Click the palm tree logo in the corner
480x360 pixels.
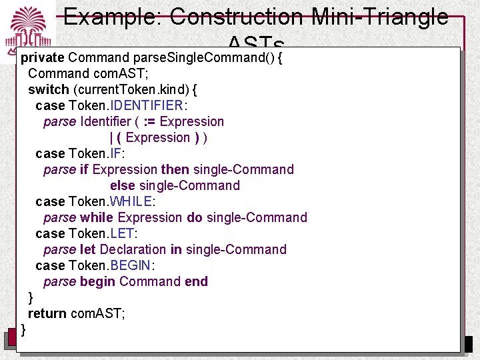point(29,28)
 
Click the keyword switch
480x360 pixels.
point(48,89)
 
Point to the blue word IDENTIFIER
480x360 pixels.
point(147,105)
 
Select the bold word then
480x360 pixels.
point(175,169)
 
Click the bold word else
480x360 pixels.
point(123,185)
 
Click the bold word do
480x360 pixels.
point(195,217)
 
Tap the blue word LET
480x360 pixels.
point(122,233)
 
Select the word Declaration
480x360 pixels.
point(133,249)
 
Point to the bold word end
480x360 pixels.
point(196,281)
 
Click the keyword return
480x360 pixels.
point(47,313)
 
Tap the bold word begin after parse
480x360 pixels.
point(97,281)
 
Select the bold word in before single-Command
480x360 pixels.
point(176,249)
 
